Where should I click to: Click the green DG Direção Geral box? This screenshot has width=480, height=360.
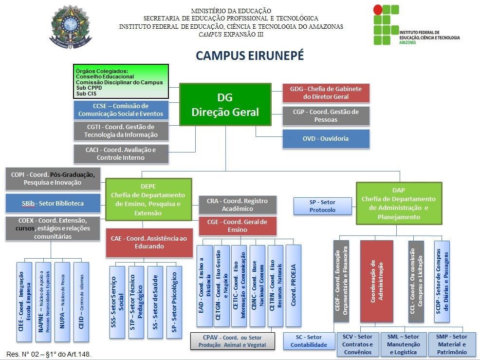click(x=225, y=107)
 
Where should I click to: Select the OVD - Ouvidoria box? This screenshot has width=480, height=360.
click(x=326, y=138)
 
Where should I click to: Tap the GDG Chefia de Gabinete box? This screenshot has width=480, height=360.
click(x=326, y=93)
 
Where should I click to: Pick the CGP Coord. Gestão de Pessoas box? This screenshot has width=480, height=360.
click(x=326, y=115)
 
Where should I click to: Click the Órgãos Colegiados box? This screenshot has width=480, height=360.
click(x=121, y=81)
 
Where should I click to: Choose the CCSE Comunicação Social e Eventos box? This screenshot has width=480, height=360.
click(x=121, y=110)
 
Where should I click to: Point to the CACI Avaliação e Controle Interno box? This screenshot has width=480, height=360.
click(x=121, y=153)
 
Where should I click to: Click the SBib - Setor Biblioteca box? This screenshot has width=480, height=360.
click(x=53, y=203)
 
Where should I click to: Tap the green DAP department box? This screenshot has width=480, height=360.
click(x=399, y=203)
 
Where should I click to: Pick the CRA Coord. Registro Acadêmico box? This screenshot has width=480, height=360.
click(x=237, y=205)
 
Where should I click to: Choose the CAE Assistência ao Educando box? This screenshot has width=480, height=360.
click(x=148, y=242)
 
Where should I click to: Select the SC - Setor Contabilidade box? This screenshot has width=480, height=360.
click(x=309, y=341)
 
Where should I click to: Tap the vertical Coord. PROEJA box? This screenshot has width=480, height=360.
click(x=294, y=285)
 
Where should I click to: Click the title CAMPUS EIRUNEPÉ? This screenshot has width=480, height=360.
click(x=250, y=56)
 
